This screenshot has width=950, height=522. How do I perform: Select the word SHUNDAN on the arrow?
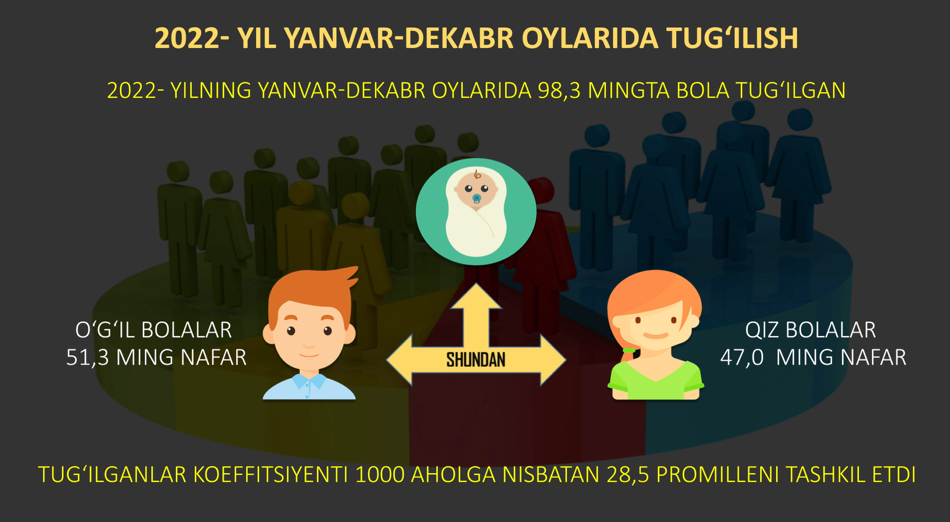[476, 360]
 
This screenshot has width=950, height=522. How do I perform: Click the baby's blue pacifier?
[477, 199]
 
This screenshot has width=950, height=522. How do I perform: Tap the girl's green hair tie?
[628, 351]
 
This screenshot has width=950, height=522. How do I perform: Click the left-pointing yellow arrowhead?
[400, 360]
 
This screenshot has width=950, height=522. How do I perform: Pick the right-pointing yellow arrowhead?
[553, 360]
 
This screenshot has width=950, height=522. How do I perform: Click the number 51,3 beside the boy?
[88, 357]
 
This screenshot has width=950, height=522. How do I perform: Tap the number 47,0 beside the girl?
[742, 357]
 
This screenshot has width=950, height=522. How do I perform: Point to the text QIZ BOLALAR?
[811, 330]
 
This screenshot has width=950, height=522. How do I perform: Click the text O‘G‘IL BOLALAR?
[153, 330]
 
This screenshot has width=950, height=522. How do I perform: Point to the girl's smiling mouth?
[656, 336]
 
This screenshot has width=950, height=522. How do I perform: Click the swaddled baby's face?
[476, 189]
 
